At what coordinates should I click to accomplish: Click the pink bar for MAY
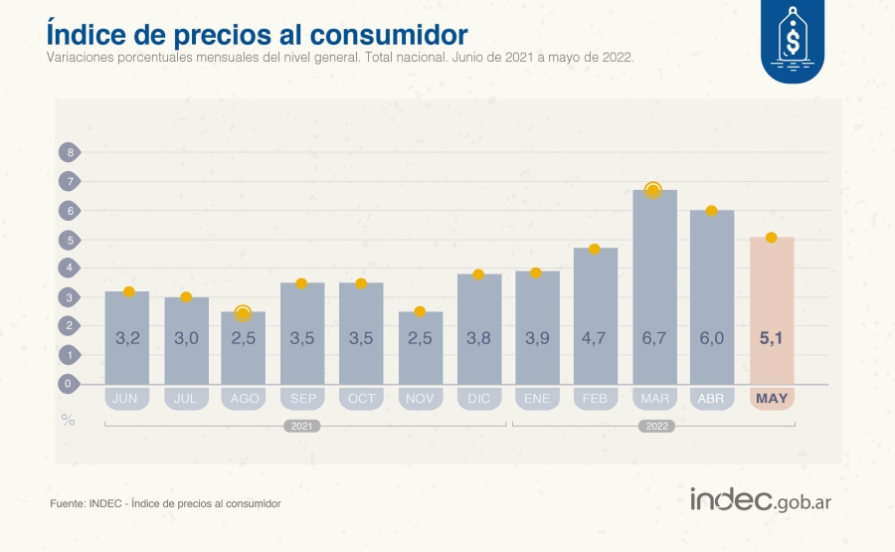(x=771, y=310)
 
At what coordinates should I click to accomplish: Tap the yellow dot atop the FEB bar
(x=595, y=249)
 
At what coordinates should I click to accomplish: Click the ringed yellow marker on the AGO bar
(x=243, y=313)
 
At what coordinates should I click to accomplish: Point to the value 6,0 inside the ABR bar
(x=712, y=338)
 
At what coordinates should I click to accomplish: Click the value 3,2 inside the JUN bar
(x=127, y=338)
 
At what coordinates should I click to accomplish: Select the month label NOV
(x=419, y=399)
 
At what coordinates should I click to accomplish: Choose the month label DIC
(x=477, y=399)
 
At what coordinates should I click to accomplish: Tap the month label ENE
(x=536, y=399)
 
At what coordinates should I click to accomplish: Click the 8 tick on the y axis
(x=70, y=152)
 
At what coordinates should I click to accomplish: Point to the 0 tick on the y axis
(x=70, y=384)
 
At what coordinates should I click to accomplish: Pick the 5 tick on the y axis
(x=70, y=240)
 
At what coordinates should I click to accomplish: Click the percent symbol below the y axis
(x=69, y=420)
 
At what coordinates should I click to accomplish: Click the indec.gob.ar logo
(x=761, y=500)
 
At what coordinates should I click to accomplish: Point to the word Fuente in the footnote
(x=68, y=504)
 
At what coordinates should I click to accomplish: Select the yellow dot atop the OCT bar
(x=361, y=284)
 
